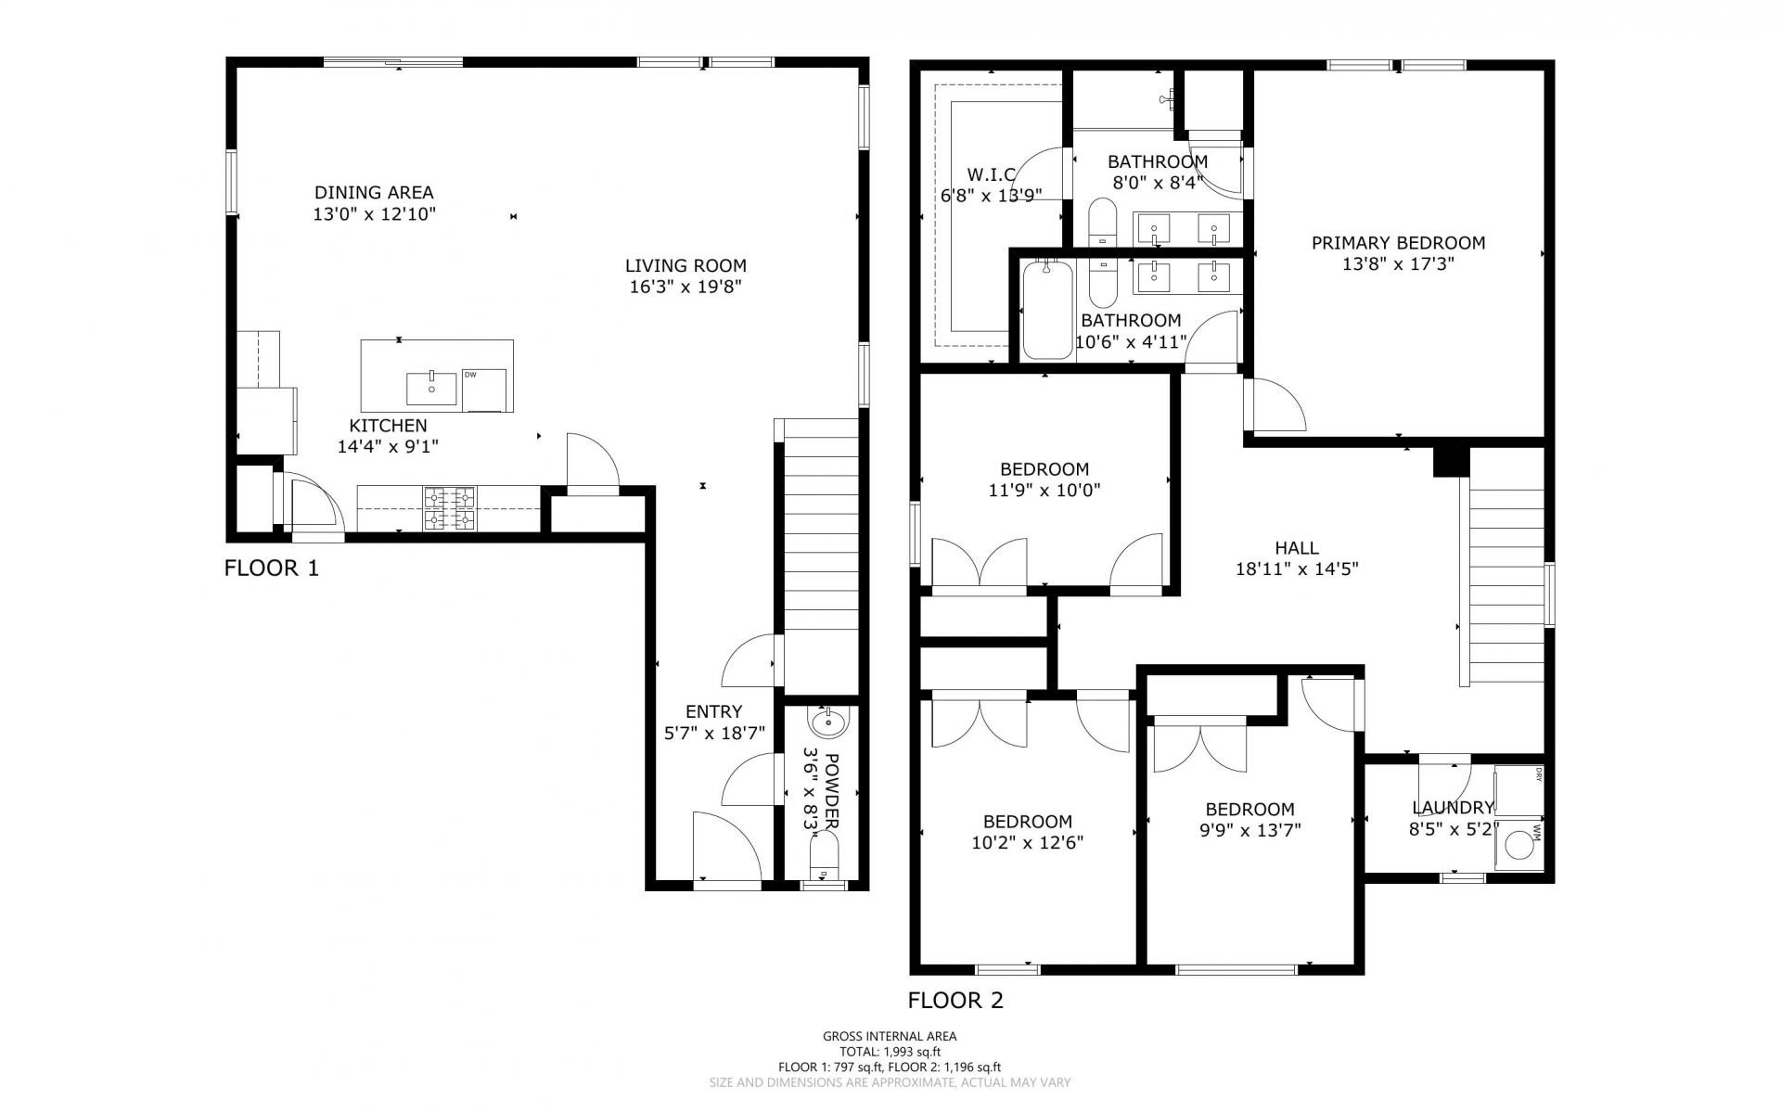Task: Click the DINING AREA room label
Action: [x=374, y=193]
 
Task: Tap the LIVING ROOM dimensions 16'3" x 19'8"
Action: [x=685, y=287]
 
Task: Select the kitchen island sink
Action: [x=432, y=389]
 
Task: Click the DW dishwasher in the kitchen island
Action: [x=485, y=390]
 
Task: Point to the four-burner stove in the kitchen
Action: [x=450, y=508]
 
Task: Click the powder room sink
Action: [x=827, y=721]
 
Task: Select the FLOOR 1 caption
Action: [x=272, y=569]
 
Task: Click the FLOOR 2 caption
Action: [x=955, y=1001]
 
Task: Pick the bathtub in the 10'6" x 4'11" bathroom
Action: [x=1047, y=310]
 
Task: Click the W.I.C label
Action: [x=992, y=174]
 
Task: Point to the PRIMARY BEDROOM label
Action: [x=1398, y=243]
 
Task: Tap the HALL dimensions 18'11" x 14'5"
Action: [x=1297, y=569]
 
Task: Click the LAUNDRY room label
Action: [x=1453, y=808]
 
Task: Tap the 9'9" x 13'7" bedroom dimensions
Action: [x=1249, y=830]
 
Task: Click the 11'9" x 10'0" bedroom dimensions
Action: [x=1044, y=490]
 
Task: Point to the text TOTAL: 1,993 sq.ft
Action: [x=890, y=1052]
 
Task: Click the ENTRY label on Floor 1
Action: [x=713, y=711]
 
